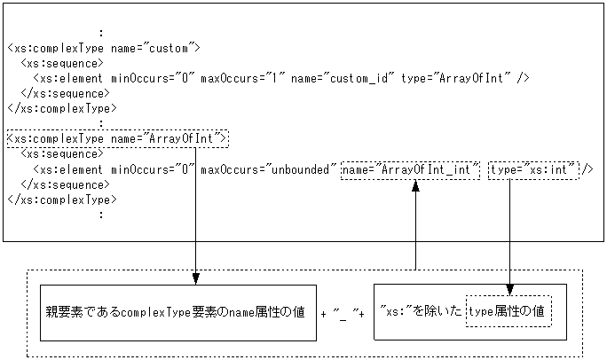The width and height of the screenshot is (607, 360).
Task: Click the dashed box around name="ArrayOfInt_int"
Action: coord(411,168)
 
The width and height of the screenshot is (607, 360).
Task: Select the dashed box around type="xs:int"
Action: coord(532,168)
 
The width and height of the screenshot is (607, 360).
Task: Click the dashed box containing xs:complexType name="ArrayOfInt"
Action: coord(117,138)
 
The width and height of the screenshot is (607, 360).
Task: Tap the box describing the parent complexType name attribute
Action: coord(177,313)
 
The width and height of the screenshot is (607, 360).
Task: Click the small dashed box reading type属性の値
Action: coord(508,312)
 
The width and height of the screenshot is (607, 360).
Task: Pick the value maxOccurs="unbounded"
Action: coord(269,168)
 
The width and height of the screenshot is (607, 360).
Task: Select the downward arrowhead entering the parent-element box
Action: coord(194,278)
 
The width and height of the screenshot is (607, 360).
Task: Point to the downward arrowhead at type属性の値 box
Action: coord(510,289)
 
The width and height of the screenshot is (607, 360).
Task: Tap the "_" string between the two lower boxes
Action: coord(343,314)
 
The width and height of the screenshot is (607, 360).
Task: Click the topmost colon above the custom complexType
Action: coord(102,33)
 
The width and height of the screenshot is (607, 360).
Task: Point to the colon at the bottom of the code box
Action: coord(102,214)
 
